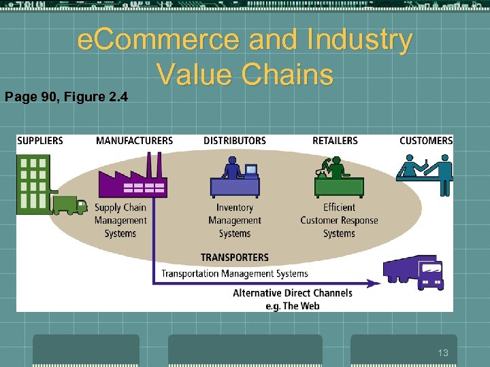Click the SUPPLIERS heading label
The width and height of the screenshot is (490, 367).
(40, 141)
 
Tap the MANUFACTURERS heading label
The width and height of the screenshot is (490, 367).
(134, 141)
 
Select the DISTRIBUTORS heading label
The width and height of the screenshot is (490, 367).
(235, 141)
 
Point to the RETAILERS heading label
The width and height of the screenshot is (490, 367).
(335, 141)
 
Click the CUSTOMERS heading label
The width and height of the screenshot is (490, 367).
(426, 141)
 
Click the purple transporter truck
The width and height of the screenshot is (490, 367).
(414, 271)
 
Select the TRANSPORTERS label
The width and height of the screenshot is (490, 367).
(235, 258)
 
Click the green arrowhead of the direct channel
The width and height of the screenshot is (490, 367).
(374, 282)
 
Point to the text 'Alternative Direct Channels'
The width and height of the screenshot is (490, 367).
(293, 294)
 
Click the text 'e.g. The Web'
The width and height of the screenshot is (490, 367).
(292, 306)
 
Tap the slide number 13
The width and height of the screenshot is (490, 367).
(443, 353)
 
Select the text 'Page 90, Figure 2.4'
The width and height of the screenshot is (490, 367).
(66, 97)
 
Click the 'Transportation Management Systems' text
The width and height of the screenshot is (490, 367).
(235, 274)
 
